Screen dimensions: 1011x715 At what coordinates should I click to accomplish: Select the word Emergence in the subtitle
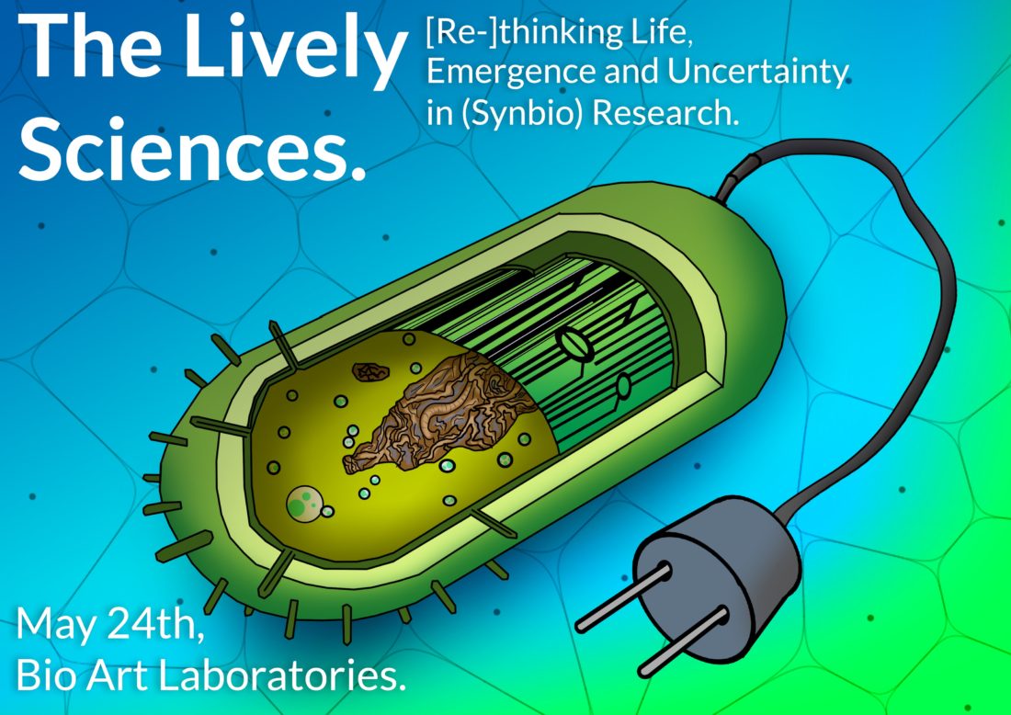click(513, 73)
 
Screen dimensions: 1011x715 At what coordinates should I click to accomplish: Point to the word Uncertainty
click(758, 73)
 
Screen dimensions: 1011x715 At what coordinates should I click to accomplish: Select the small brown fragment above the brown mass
click(370, 371)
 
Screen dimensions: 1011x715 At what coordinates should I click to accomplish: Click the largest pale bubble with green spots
click(303, 503)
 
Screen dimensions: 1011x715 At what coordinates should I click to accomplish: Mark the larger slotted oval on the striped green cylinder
click(574, 344)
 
